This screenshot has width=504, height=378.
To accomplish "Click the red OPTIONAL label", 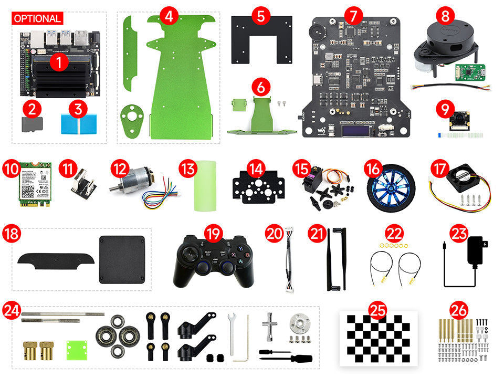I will coord(37,18).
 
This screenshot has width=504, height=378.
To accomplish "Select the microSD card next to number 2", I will coord(32,123).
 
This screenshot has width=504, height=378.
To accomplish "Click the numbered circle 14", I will coord(256,169).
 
